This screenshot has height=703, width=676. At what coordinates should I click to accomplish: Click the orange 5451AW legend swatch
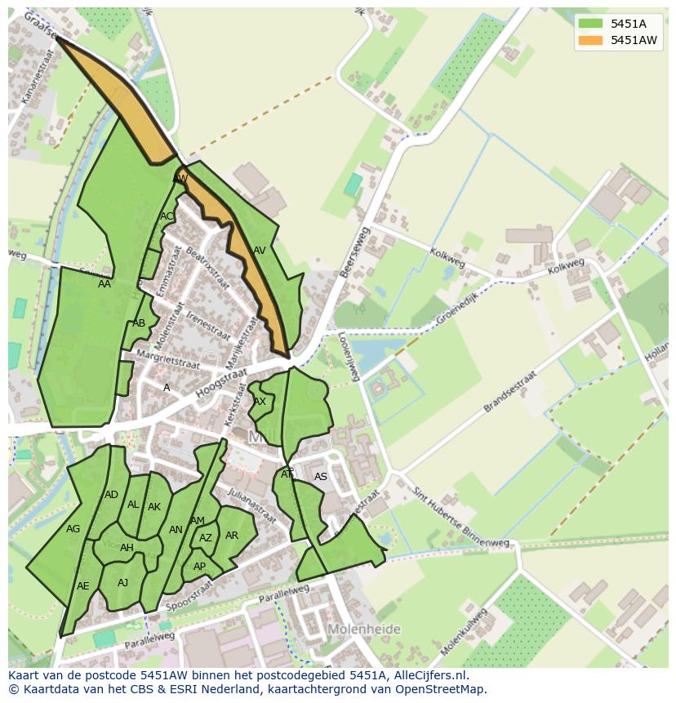[590, 40]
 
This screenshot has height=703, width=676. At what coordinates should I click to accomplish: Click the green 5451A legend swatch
[590, 24]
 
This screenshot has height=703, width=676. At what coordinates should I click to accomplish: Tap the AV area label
[259, 251]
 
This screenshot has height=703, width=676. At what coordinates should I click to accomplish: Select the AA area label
[105, 284]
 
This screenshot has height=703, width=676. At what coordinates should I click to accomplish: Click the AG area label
[73, 529]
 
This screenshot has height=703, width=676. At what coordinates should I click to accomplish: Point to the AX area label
[260, 402]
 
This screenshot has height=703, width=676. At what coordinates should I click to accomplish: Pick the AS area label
[321, 477]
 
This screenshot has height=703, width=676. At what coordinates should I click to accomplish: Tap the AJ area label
[123, 582]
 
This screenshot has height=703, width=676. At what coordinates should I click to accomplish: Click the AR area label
[232, 536]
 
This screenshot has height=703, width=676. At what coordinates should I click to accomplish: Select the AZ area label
[206, 538]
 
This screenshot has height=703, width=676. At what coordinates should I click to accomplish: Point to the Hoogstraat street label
[221, 380]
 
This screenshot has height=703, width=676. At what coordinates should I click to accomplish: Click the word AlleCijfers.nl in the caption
[429, 675]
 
